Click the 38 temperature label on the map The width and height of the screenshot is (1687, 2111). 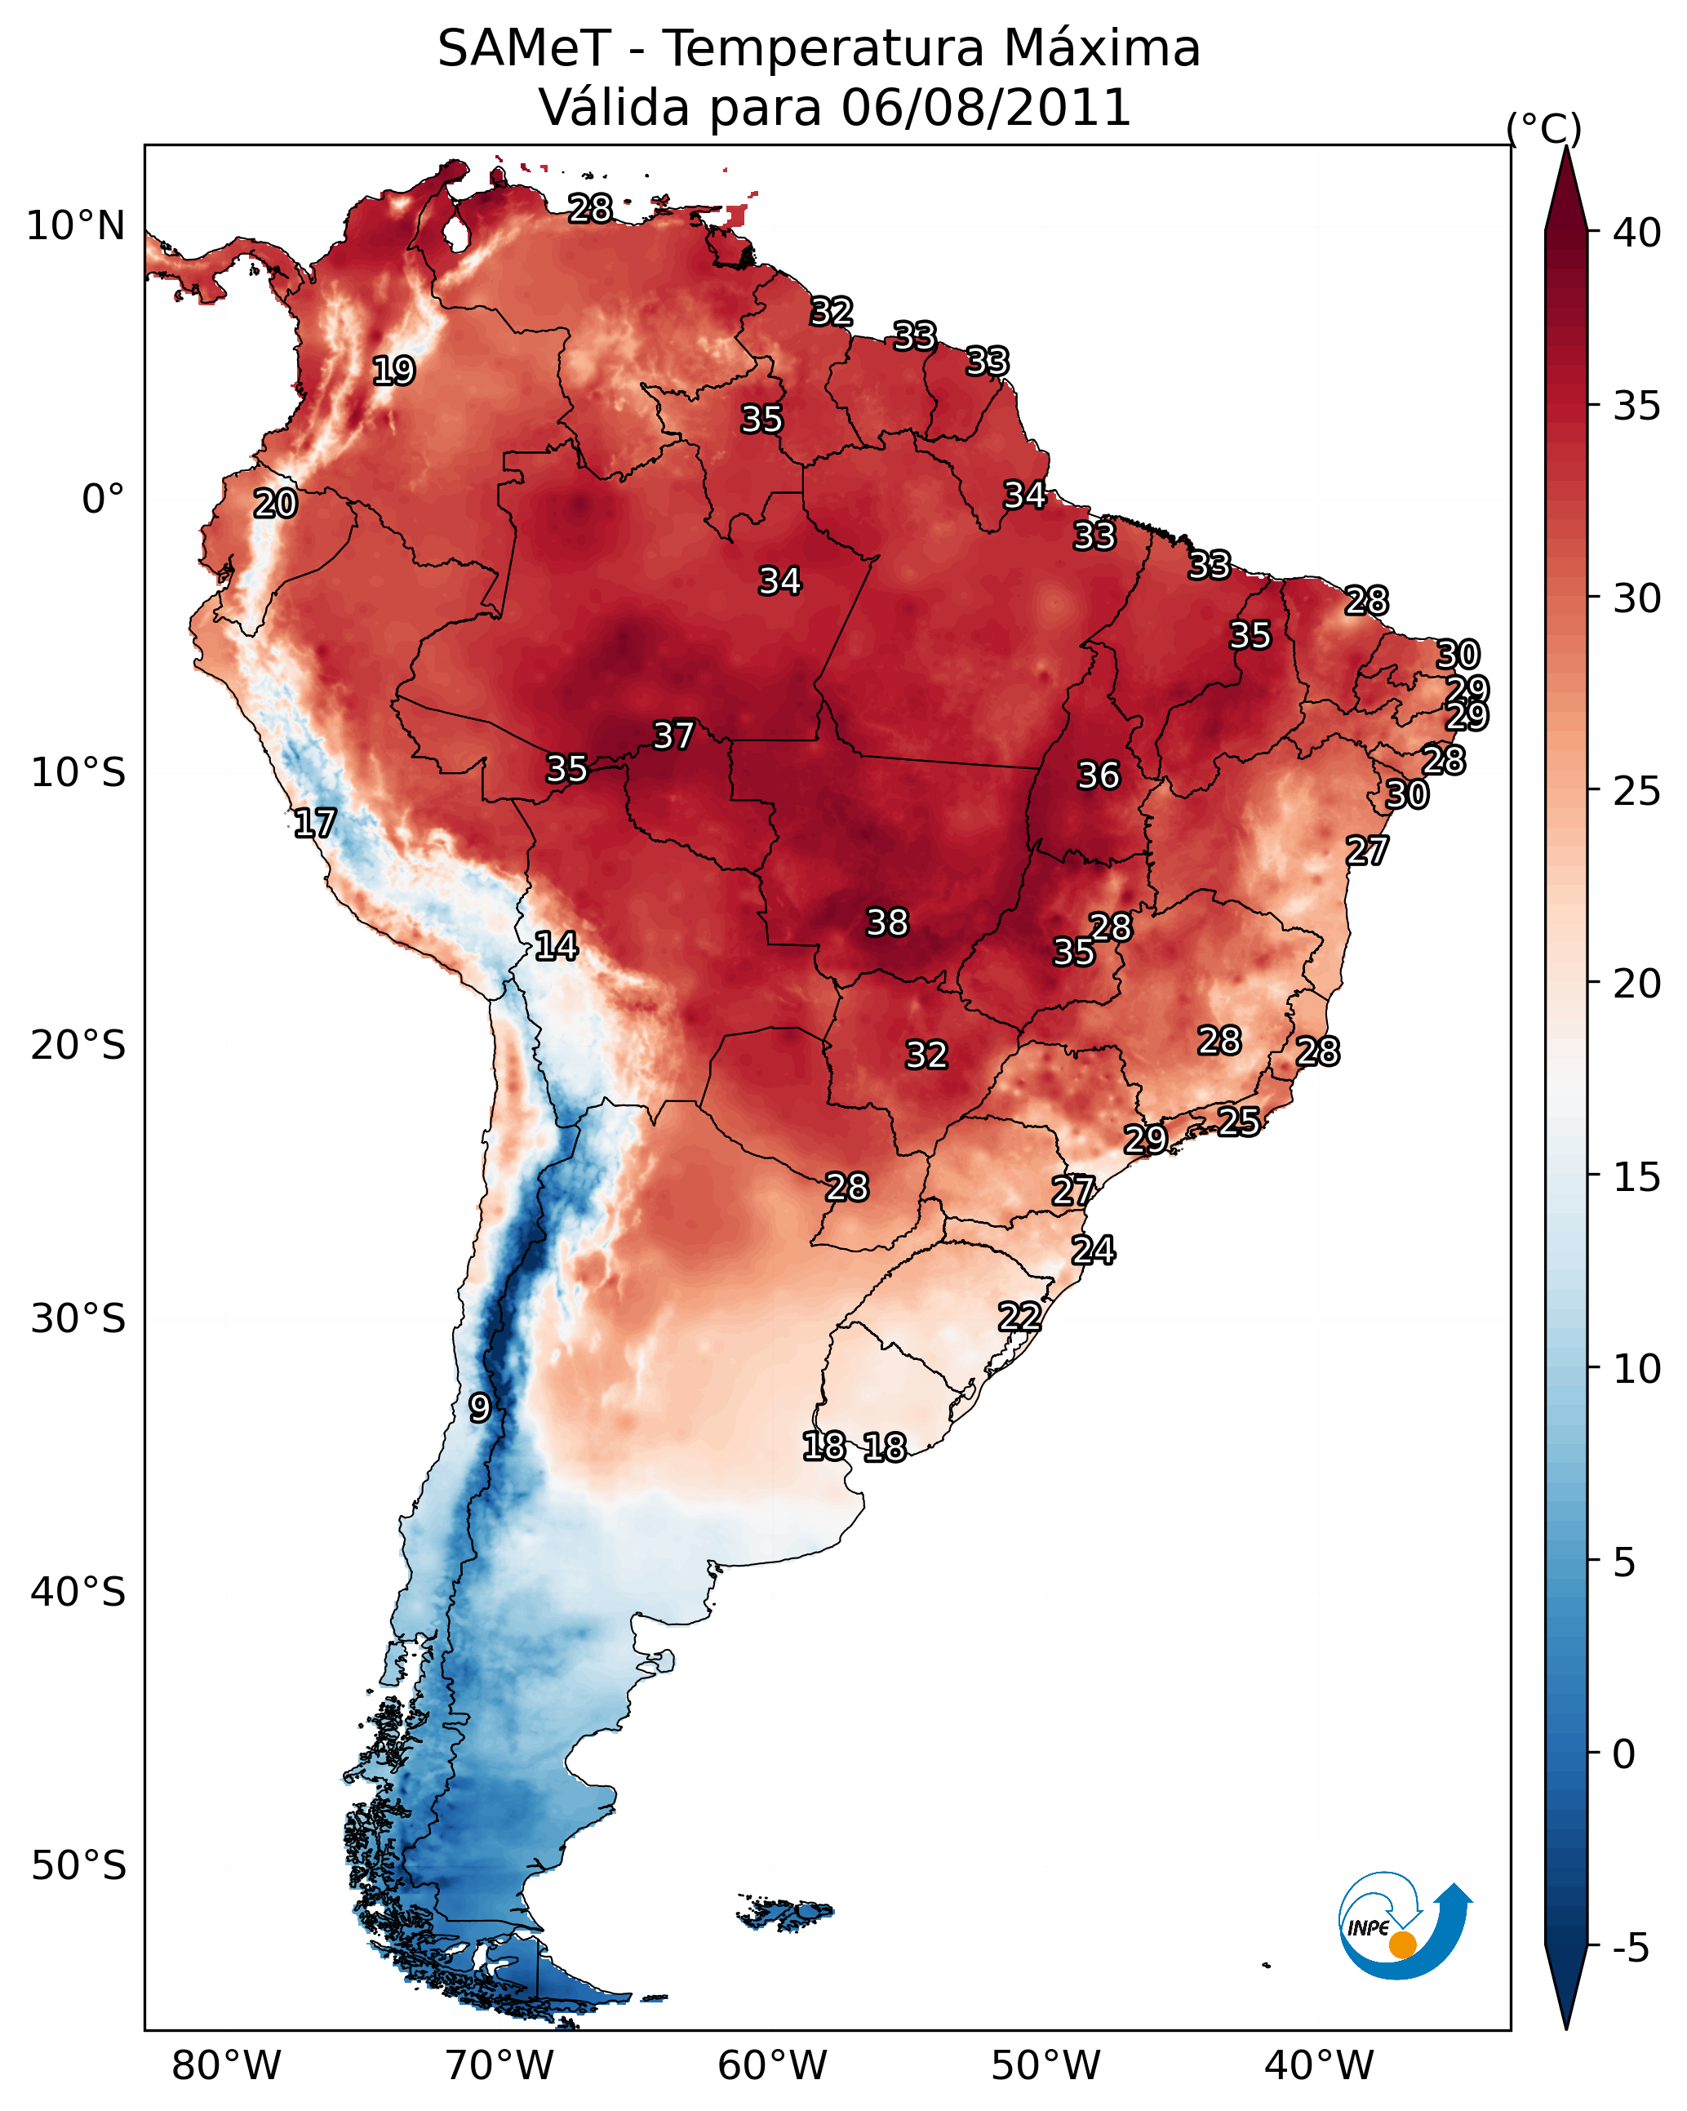[x=887, y=922]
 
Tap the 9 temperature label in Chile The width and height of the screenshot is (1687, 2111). [x=479, y=1408]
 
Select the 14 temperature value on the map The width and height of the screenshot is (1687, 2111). [x=556, y=946]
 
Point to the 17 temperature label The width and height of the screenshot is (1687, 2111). [x=315, y=824]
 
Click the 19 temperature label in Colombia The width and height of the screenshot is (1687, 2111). [x=393, y=371]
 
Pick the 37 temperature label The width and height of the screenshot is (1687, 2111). [x=673, y=736]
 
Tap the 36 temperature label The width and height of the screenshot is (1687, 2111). [x=1099, y=776]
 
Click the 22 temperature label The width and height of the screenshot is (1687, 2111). [x=1019, y=1317]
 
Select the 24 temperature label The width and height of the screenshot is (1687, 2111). [x=1093, y=1251]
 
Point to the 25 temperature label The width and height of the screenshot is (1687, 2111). [x=1239, y=1121]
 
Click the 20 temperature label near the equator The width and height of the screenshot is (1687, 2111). [x=275, y=504]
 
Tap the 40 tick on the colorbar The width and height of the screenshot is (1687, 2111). [x=1638, y=233]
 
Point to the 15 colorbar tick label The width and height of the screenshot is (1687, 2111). [x=1638, y=1178]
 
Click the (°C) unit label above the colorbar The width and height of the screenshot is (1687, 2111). [x=1544, y=128]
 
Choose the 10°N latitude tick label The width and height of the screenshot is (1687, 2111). [x=75, y=226]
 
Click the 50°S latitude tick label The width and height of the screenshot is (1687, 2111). [x=78, y=1866]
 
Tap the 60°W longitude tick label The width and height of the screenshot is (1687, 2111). [x=773, y=2065]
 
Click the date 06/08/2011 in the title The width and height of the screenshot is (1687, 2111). [x=986, y=108]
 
